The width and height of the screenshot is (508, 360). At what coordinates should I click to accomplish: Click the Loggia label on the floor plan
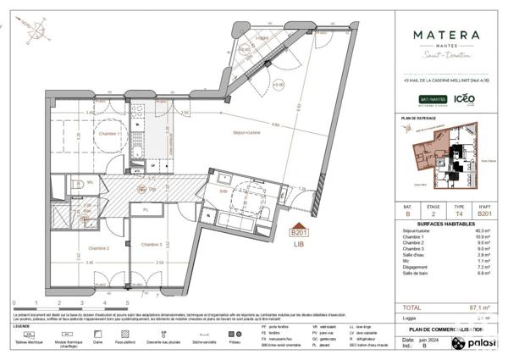tap(263, 38)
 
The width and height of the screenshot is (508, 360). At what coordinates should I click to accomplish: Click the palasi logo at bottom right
tap(474, 343)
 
